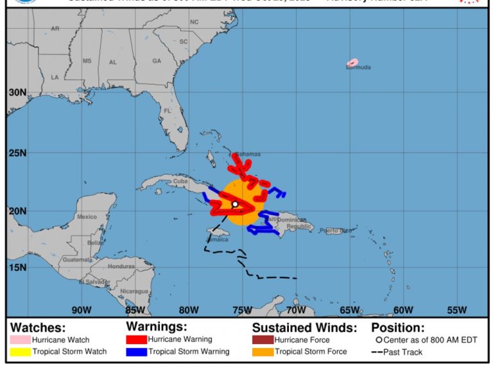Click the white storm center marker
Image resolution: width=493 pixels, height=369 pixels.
pos(235,204)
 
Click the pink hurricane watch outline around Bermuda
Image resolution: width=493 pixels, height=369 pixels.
pos(352,62)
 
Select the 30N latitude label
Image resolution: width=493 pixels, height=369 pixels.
pos(17,92)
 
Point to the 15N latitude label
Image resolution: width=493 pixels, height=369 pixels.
pos(17,268)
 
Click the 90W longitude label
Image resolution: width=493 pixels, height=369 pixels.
pos(82,311)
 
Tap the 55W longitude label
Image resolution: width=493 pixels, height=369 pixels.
pos(456,311)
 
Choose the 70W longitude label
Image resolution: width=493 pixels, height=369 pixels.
pos(296,311)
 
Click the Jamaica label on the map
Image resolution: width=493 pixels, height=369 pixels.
pos(217,240)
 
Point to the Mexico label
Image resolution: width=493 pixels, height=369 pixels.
pos(86,217)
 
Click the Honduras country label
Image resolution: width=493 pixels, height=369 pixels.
pos(121,266)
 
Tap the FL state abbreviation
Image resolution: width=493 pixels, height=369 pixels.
pos(167,111)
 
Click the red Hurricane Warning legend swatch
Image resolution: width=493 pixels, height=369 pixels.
pos(136,340)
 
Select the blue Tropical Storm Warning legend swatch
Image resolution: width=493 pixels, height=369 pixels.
pos(136,351)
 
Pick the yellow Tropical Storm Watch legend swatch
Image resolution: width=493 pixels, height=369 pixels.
pos(21,351)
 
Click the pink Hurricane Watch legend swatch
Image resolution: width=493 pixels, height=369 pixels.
pos(21,340)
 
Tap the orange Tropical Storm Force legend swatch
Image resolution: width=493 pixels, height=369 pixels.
pos(262,351)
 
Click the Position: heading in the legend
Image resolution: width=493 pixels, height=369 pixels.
pos(397,327)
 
